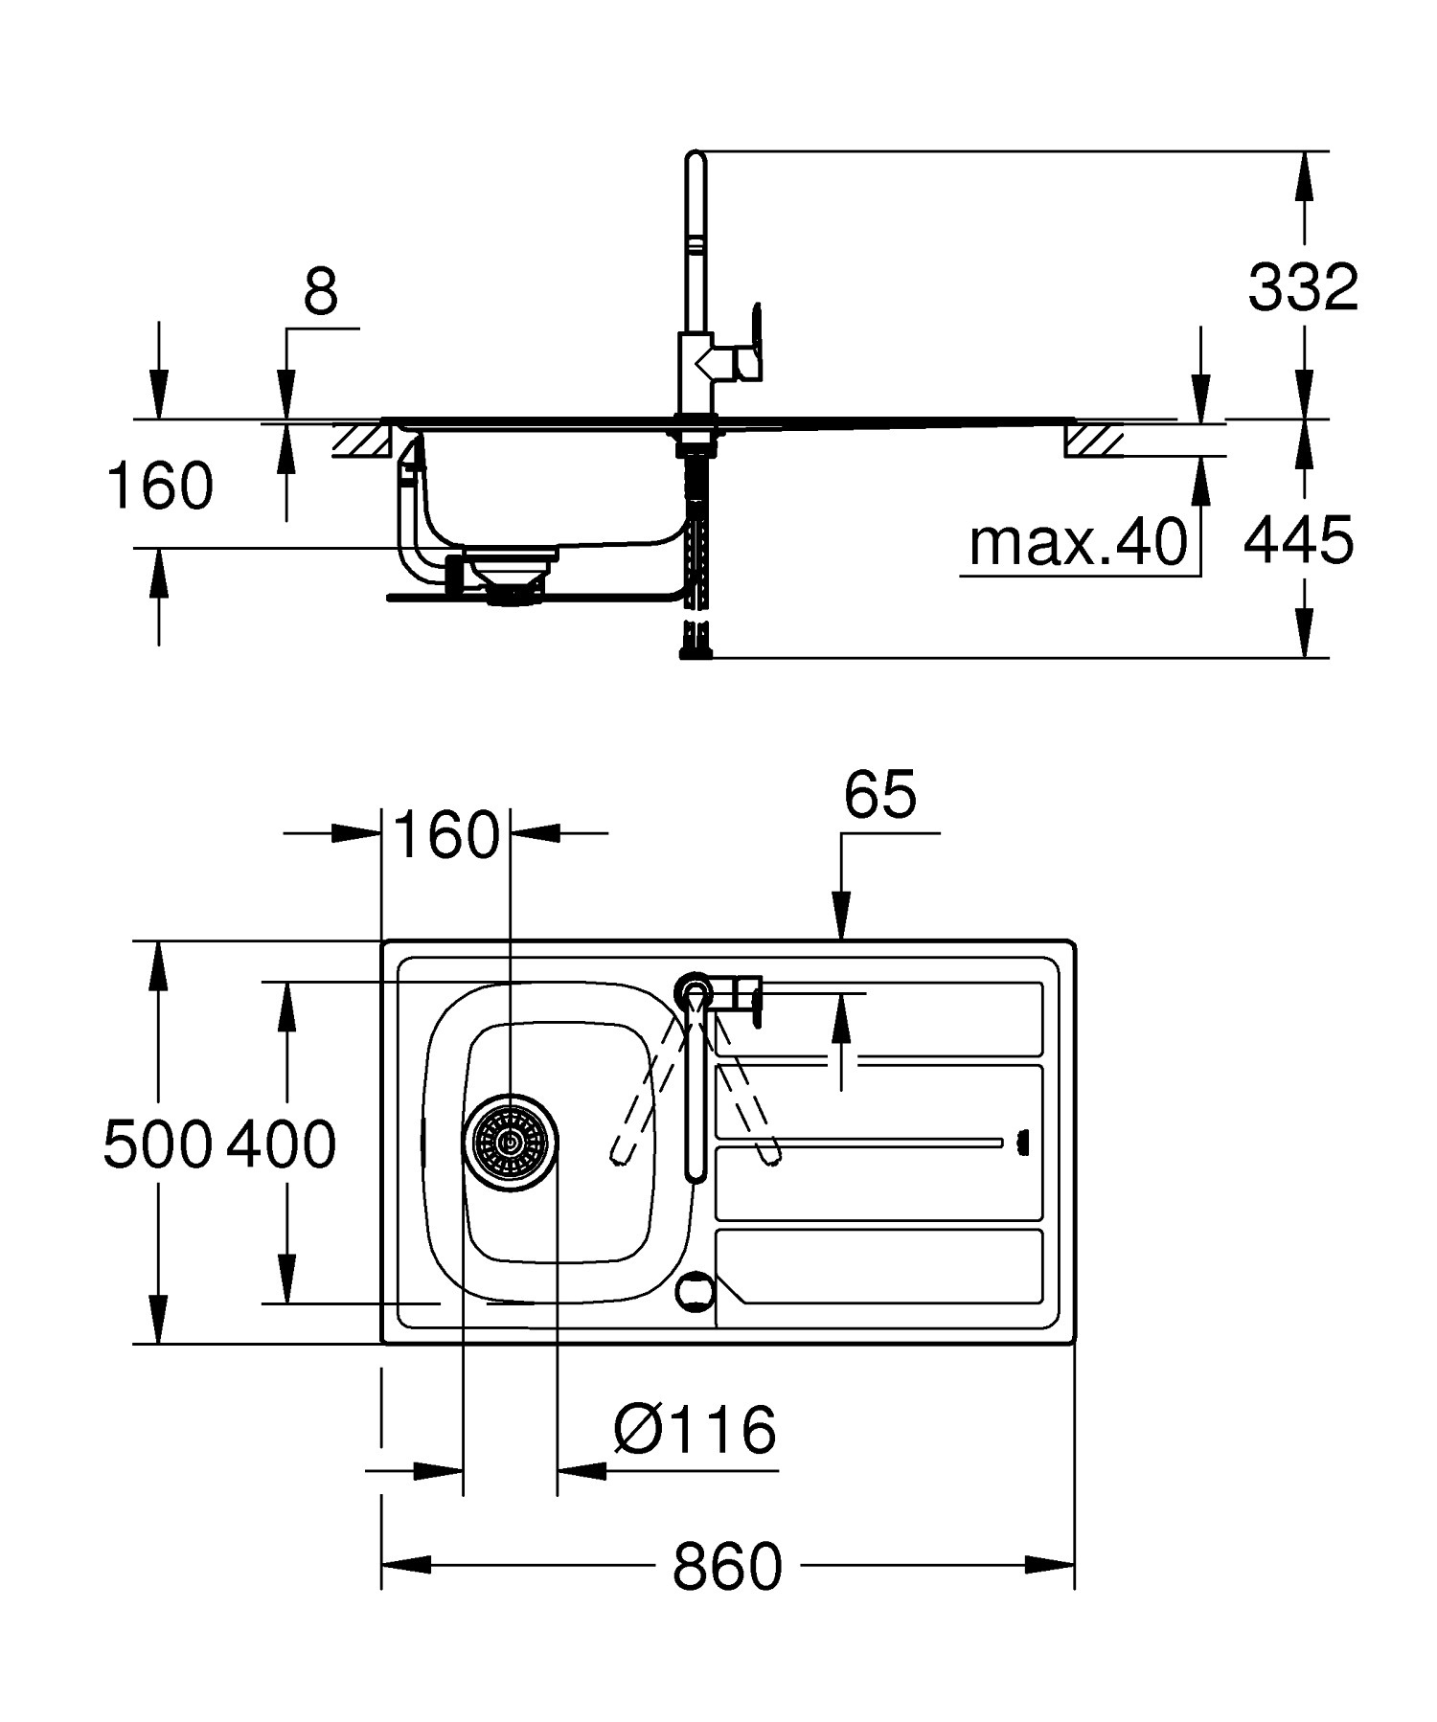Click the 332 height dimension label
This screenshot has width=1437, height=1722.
coord(1303,286)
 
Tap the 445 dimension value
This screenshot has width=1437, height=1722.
coord(1298,539)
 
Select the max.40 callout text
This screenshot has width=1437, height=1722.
coord(1078,543)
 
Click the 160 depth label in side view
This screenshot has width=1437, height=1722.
coord(160,486)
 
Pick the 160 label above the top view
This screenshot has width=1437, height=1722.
coord(446,834)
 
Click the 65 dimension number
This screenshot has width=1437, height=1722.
coord(880,794)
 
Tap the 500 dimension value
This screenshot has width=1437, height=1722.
coord(157,1144)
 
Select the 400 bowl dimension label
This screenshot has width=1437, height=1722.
coord(282,1144)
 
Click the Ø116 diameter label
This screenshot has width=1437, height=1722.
coord(695,1430)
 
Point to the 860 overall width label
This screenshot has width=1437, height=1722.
coord(727,1566)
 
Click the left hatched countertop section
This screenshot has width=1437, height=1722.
coord(362,440)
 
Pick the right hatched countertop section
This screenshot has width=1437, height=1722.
coord(1093,440)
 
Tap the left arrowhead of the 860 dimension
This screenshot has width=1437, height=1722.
coord(406,1565)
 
